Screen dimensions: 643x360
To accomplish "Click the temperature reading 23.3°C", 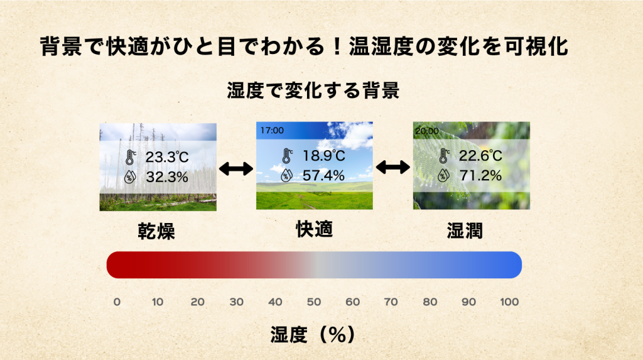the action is tap(167, 157).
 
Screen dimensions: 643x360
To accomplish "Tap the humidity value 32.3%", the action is tap(167, 177).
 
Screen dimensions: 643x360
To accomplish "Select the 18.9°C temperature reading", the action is tap(324, 156).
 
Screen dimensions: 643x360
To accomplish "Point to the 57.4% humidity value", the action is tap(323, 176).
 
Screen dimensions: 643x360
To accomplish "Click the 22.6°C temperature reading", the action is tap(480, 156).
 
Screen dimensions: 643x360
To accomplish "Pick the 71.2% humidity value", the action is tap(480, 176).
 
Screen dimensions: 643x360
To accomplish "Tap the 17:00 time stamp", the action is tap(272, 131).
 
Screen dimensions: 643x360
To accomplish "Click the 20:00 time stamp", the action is tap(427, 131).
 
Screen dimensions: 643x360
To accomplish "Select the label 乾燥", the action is tap(156, 231).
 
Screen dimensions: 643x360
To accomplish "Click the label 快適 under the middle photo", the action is tap(315, 229).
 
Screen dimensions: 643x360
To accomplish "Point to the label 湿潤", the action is tap(465, 231).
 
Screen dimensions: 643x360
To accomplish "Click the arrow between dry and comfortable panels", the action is tap(236, 169).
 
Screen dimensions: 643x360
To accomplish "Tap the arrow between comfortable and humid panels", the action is tap(393, 167).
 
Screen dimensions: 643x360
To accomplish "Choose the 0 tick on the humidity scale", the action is tap(117, 302).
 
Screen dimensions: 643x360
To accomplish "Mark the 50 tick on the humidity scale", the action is tap(314, 302).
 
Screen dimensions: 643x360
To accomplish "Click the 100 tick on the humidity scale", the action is tap(509, 302).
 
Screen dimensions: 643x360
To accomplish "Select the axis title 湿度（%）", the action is tap(313, 334).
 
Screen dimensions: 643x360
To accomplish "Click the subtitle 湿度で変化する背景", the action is tap(313, 90).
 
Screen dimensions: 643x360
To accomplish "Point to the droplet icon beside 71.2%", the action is tap(443, 175).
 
